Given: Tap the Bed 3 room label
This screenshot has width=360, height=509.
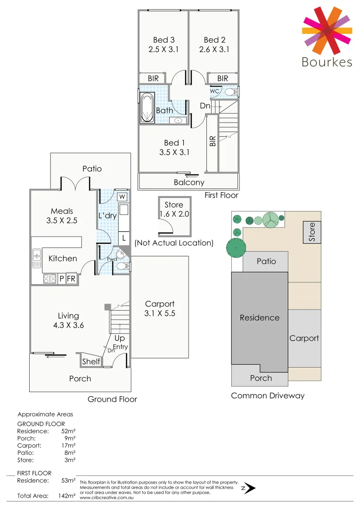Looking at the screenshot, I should point(164,40).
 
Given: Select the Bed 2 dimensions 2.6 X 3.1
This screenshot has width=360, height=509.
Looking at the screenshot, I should point(214,49).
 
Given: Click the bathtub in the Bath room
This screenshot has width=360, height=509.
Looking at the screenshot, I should point(147,107).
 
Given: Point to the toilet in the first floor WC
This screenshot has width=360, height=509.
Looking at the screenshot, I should point(230,91).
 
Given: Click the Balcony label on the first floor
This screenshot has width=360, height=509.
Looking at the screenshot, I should point(189,182).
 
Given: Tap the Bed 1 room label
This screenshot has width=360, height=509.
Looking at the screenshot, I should point(174,143).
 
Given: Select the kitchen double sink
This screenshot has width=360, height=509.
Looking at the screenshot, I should point(37,258).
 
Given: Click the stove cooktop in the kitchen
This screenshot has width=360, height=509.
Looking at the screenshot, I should point(49,279).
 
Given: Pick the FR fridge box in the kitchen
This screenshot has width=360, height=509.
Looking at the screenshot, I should point(71,279).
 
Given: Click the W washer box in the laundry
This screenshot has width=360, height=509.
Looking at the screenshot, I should point(122,197).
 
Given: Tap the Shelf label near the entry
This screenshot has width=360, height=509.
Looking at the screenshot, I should point(91,361).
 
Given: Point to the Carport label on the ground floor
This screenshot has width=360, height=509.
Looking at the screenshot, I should point(160,304).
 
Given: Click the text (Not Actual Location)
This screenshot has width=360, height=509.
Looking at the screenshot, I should point(174,243).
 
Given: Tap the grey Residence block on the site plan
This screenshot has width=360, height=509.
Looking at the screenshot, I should point(259,318).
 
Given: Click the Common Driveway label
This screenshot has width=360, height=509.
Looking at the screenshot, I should point(268,395).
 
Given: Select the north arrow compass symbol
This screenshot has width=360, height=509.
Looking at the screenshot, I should point(249,488).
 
